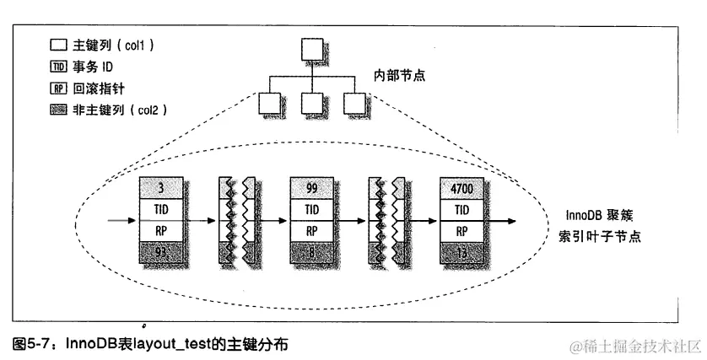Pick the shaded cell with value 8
point(312,251)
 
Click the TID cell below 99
point(312,208)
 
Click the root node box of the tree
point(311,51)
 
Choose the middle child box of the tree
point(311,103)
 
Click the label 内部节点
point(400,75)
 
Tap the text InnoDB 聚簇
point(600,216)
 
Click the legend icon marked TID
point(57,68)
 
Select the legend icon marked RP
point(57,87)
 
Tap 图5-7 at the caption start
point(33,344)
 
